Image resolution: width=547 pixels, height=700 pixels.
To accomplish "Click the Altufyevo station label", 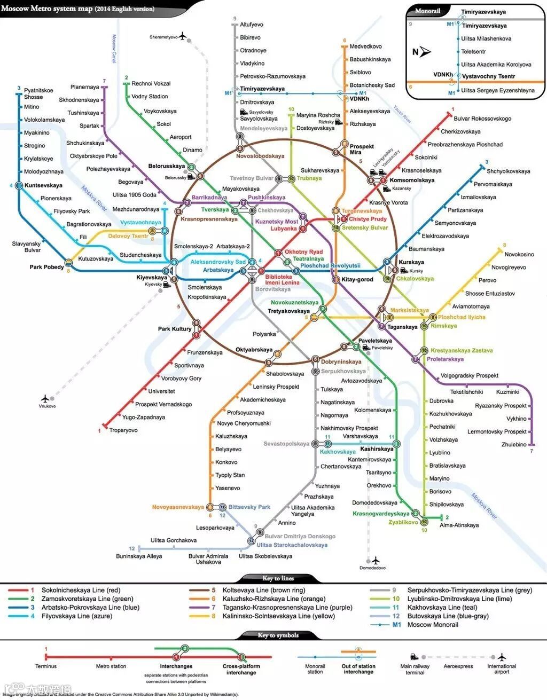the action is [x=251, y=25].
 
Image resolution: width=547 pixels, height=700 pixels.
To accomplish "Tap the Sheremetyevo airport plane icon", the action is [x=183, y=36].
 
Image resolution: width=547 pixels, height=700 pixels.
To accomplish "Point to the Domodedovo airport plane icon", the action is [x=376, y=560].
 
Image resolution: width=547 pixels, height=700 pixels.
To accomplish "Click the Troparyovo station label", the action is [x=123, y=430].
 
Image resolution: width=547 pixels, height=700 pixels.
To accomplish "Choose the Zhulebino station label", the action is [x=514, y=445].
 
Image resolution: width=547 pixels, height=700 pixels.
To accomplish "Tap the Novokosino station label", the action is [x=519, y=255].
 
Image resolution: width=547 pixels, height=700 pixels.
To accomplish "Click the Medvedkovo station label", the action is [x=365, y=46].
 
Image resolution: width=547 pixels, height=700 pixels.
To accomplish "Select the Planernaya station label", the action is [x=84, y=87].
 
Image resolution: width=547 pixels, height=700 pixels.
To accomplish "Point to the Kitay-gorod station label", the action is [x=357, y=279].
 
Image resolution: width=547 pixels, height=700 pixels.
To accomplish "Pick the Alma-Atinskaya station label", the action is [x=459, y=525].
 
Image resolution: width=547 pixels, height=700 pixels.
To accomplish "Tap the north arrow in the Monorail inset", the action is [x=425, y=52].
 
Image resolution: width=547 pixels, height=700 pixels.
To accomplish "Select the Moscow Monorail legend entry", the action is [x=433, y=625].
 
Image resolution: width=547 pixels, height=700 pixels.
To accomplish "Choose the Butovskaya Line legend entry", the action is [x=440, y=616].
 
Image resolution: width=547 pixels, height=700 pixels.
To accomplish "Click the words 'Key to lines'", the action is [x=278, y=578].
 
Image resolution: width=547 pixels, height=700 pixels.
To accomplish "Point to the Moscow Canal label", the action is [x=113, y=49].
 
